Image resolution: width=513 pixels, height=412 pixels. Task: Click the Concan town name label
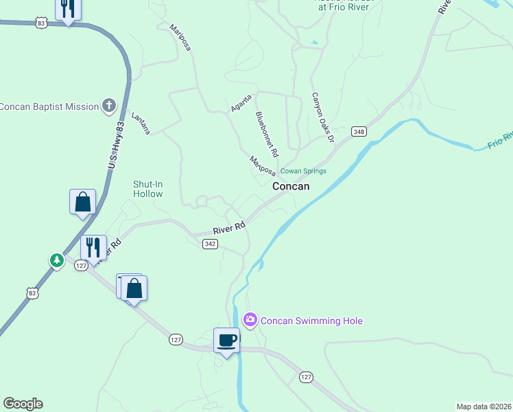pyautogui.click(x=291, y=186)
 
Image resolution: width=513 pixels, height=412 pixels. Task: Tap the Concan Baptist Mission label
pyautogui.click(x=49, y=106)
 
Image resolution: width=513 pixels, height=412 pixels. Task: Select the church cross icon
pyautogui.click(x=108, y=105)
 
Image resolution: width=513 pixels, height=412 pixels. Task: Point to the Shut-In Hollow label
pyautogui.click(x=147, y=189)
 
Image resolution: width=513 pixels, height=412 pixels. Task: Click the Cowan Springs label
pyautogui.click(x=303, y=171)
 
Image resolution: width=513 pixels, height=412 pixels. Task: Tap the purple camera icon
pyautogui.click(x=250, y=319)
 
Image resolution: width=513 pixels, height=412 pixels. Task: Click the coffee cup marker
pyautogui.click(x=227, y=340)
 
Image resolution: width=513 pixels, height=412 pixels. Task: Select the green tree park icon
pyautogui.click(x=56, y=260)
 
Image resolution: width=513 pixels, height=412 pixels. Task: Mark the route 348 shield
pyautogui.click(x=358, y=131)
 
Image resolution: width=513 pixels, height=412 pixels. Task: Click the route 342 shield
pyautogui.click(x=211, y=244)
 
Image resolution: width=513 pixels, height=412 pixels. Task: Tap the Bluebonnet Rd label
pyautogui.click(x=267, y=133)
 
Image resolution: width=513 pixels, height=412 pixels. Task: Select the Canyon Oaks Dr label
pyautogui.click(x=322, y=117)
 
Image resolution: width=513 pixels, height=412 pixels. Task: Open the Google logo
pyautogui.click(x=23, y=404)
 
